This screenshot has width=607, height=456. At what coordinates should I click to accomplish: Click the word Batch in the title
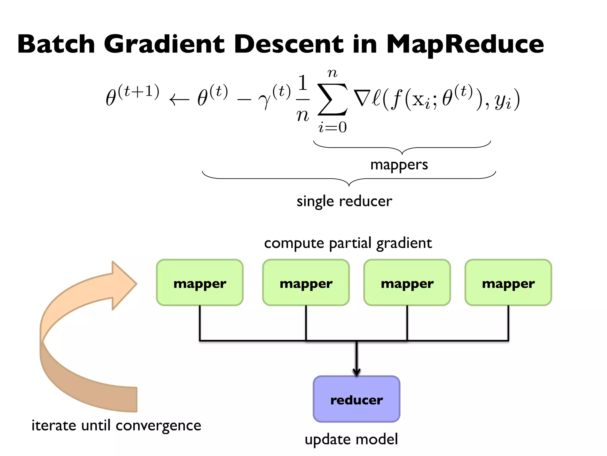click(x=56, y=45)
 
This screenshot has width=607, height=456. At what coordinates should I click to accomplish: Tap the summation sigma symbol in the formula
click(x=332, y=99)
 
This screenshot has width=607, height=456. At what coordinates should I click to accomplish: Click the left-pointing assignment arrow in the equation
click(x=179, y=100)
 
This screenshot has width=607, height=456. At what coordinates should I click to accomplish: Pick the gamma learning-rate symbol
click(x=265, y=101)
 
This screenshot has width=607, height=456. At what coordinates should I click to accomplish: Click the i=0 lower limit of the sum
click(x=332, y=127)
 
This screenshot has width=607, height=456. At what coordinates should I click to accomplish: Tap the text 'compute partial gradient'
click(x=348, y=243)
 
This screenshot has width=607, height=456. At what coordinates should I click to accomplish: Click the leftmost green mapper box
click(x=200, y=283)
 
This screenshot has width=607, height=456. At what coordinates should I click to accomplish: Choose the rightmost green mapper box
click(x=508, y=283)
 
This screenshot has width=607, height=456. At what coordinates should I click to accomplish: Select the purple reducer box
click(x=357, y=399)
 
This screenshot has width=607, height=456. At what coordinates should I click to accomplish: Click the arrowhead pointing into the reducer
click(x=357, y=372)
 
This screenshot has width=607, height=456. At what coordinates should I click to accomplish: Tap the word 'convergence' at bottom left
click(x=158, y=426)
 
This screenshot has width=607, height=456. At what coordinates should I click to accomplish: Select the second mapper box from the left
click(x=306, y=283)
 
